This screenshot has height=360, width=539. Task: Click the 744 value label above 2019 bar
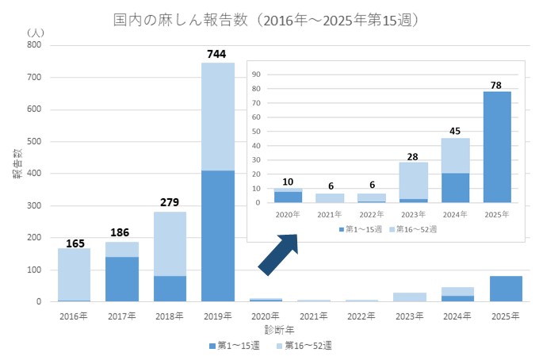tap(217, 54)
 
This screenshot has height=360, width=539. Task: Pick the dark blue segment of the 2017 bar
tap(122, 278)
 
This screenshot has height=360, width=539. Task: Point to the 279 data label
tap(170, 202)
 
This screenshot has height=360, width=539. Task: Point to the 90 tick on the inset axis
tap(257, 74)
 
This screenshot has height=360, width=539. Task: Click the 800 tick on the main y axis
tap(33, 45)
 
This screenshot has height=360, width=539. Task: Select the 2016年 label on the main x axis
tap(74, 316)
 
